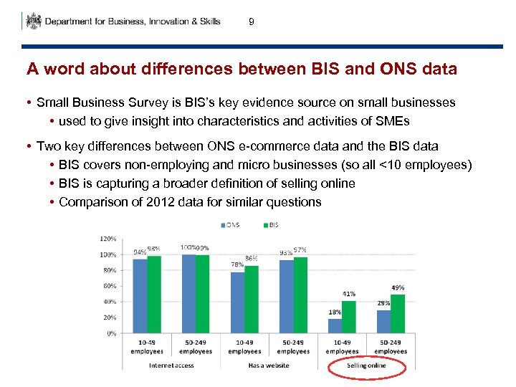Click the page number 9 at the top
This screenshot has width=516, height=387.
coord(251,22)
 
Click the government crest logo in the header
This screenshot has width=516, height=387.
coord(33,21)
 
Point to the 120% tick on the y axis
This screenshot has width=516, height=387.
coord(107,239)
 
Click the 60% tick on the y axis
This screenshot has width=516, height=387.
coord(109,286)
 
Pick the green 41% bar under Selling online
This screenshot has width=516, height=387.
coord(349,317)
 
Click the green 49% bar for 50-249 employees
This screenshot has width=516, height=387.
coord(398,314)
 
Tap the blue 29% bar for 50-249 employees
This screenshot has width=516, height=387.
coord(384,322)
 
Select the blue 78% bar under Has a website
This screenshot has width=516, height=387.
coord(238,302)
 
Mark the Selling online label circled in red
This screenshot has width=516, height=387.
coord(366,365)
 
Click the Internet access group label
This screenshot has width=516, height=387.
coord(171,365)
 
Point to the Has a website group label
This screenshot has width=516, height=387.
coord(268,365)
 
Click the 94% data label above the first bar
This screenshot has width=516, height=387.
coord(140,252)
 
